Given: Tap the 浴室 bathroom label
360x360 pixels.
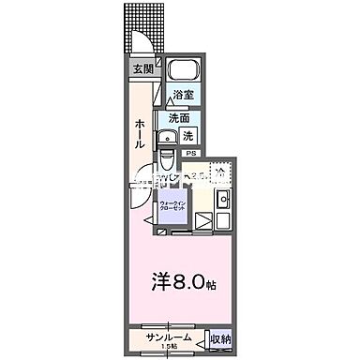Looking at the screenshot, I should (183, 95).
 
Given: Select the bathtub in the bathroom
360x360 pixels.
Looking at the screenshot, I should (182, 71).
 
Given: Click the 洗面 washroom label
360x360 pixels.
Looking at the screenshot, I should (178, 118).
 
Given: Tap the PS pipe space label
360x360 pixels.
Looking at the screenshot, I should (190, 153).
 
